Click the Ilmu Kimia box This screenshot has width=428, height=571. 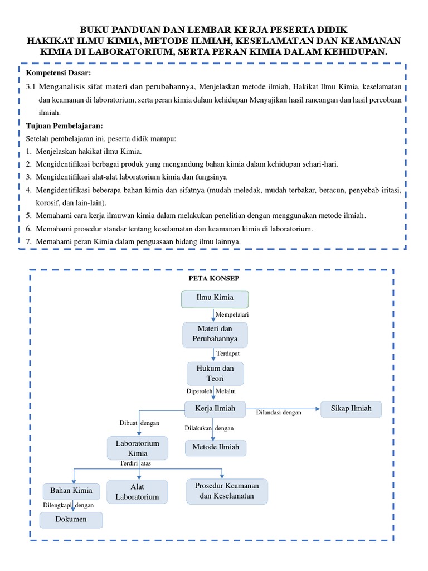[x=215, y=299]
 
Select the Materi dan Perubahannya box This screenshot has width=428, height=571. [x=215, y=334]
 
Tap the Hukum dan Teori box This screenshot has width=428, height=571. [x=215, y=374]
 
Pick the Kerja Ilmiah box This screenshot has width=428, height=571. [x=216, y=409]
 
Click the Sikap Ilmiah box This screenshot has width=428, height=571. [x=352, y=409]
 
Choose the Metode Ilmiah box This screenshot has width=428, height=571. [x=216, y=447]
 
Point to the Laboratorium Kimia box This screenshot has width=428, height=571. [x=137, y=448]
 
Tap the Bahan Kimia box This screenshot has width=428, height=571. [x=71, y=491]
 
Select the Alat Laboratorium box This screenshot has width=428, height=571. [x=137, y=492]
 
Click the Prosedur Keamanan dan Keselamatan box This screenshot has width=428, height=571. [x=227, y=491]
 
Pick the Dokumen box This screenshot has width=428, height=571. [x=71, y=520]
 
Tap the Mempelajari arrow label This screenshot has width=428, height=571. [x=232, y=315]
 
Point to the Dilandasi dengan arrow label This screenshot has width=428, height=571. [x=279, y=413]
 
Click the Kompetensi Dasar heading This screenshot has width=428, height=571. [x=59, y=73]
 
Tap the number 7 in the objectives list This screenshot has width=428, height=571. [x=28, y=241]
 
